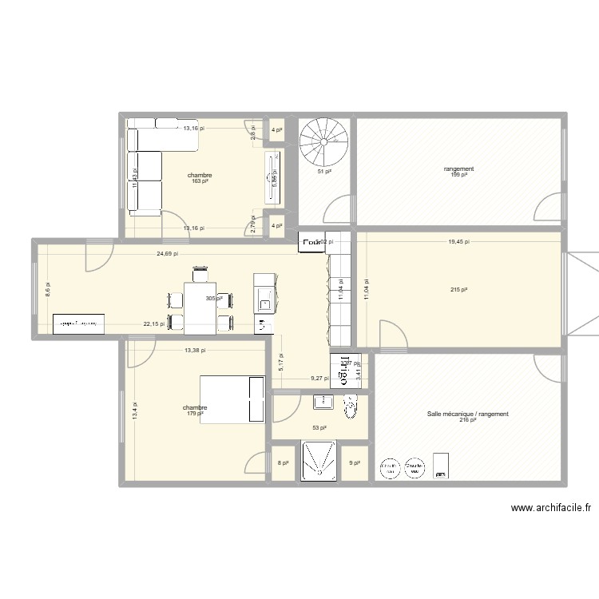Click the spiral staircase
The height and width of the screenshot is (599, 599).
tap(323, 142)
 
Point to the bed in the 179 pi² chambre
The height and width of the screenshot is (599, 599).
tap(232, 399)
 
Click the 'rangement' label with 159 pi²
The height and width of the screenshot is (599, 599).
tap(459, 172)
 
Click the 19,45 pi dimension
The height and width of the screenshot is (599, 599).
tap(458, 240)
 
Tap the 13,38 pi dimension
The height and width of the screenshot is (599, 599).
tap(195, 350)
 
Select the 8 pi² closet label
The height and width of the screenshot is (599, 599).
tap(282, 462)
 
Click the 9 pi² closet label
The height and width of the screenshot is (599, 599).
tap(355, 462)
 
